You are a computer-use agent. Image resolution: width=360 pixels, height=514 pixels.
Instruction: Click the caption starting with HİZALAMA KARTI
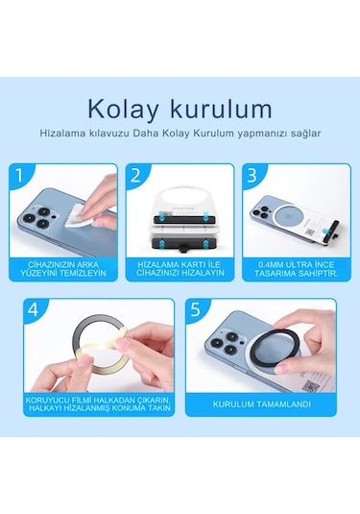point(180,269)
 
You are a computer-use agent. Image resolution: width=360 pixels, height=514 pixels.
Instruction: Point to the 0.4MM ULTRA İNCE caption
point(292,269)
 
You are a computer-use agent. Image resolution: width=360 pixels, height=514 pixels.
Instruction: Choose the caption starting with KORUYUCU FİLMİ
point(99,404)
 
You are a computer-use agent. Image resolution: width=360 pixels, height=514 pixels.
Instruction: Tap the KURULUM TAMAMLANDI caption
point(261,404)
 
